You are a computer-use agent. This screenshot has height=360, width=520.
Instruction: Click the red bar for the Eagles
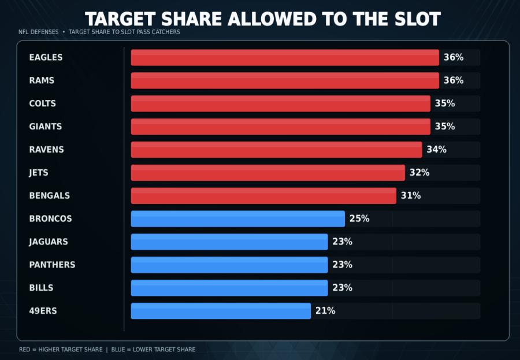[x=285, y=57]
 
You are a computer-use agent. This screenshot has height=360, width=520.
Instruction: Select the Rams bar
[x=285, y=81]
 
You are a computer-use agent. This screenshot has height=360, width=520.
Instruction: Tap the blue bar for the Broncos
[x=238, y=218]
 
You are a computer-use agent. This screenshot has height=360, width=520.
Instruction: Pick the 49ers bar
[x=221, y=311]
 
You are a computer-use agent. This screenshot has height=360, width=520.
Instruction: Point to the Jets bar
[x=268, y=173]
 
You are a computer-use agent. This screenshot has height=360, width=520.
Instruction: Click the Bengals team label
[x=50, y=196]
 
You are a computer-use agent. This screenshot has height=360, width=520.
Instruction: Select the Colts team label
[x=42, y=103]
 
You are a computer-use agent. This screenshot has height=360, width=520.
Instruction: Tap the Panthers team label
[x=52, y=265]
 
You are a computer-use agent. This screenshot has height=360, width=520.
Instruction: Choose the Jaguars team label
[x=49, y=242]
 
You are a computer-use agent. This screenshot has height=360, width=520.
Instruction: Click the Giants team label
[x=46, y=127]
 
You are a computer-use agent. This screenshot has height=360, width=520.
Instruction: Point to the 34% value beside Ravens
[x=436, y=150]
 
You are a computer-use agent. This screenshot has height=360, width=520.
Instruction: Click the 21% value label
[x=325, y=311]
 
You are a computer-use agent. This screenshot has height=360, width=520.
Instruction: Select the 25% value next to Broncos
[x=359, y=218]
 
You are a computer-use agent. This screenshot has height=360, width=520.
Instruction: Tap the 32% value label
[x=419, y=173]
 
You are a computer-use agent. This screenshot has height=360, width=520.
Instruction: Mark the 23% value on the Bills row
[x=342, y=288]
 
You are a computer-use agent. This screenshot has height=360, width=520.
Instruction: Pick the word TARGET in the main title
[x=120, y=19]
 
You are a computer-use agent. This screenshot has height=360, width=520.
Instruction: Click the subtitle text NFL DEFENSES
[x=39, y=32]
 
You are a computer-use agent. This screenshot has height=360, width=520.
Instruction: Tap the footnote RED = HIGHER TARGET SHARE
[x=61, y=350]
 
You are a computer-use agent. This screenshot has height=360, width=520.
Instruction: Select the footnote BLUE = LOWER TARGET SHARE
[x=153, y=350]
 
